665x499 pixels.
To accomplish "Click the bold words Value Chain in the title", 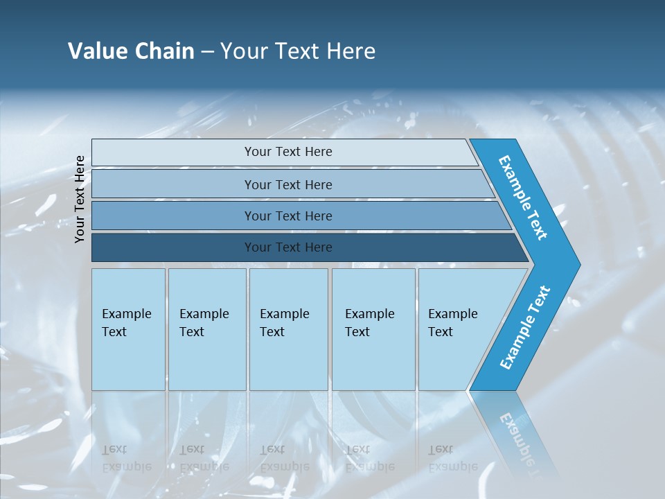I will [x=131, y=51].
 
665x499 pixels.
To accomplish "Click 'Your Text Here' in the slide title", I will [x=298, y=51].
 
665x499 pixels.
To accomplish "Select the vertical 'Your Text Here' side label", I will [x=80, y=199].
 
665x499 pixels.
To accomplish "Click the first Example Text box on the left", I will [x=128, y=329].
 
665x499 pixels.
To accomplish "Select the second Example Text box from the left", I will [x=207, y=329].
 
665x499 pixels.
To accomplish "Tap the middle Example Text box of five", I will [x=288, y=329].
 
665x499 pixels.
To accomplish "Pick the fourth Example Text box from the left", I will [x=373, y=329].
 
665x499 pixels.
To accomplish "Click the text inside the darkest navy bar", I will [x=288, y=247].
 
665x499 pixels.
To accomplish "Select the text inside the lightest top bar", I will [x=288, y=152].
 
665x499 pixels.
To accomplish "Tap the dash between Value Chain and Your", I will [x=207, y=52].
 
